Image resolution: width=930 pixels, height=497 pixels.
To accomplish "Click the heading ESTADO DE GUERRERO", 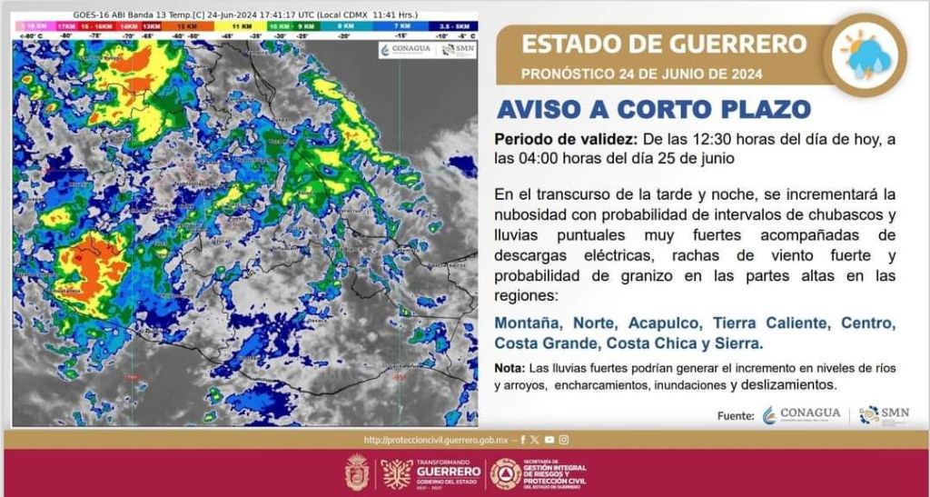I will pyautogui.click(x=664, y=43).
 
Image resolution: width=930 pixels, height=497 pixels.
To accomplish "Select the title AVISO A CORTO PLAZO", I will pyautogui.click(x=653, y=109).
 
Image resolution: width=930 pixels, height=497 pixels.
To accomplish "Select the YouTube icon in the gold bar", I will pyautogui.click(x=549, y=440).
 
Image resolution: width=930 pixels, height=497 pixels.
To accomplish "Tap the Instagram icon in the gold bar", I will pyautogui.click(x=564, y=440).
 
